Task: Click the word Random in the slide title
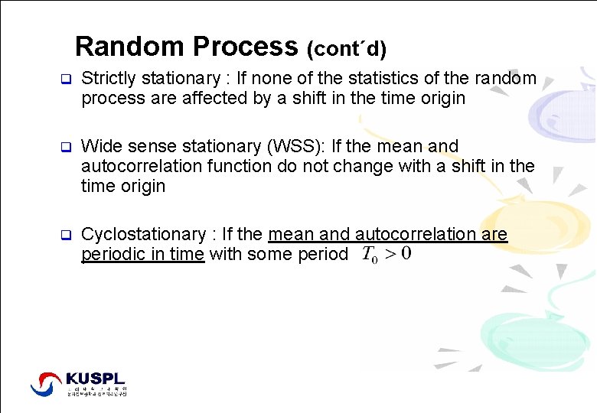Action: click(129, 47)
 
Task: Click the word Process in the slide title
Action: click(245, 47)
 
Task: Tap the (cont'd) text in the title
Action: click(346, 50)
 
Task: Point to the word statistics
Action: click(374, 79)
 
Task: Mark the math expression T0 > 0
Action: click(386, 254)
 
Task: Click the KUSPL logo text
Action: click(95, 379)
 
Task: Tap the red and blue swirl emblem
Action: click(46, 383)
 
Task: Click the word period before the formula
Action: click(321, 254)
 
